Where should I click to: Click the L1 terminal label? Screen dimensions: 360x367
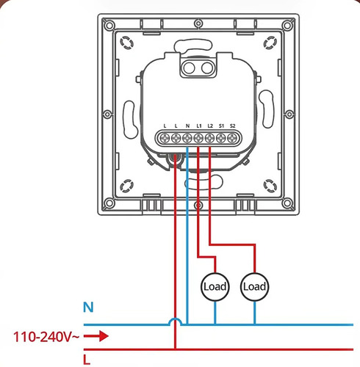[x=199, y=126]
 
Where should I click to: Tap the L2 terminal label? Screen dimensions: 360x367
[x=210, y=126]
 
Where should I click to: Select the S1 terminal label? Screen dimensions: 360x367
[x=221, y=126]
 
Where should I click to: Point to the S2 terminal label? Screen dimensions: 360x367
[x=233, y=126]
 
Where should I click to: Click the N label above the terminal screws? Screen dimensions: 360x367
[x=187, y=126]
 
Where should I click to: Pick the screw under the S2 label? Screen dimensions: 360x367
[x=232, y=138]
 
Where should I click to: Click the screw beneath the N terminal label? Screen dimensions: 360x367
[x=187, y=138]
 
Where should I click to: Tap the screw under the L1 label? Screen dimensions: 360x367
[x=198, y=138]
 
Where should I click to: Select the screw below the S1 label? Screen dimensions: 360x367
[x=221, y=138]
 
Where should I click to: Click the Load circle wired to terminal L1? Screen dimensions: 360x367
[x=215, y=287]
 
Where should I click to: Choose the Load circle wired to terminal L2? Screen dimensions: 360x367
[x=255, y=287]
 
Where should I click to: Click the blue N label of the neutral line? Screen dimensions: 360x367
[x=88, y=308]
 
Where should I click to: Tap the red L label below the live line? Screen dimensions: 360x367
[x=87, y=360]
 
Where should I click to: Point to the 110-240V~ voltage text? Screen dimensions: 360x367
[x=46, y=337]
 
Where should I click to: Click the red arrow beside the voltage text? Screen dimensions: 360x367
[x=96, y=336]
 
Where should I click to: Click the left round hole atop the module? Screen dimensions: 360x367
[x=190, y=68]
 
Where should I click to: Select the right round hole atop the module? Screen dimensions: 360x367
[x=207, y=68]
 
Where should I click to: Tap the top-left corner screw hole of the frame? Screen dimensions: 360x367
[x=109, y=25]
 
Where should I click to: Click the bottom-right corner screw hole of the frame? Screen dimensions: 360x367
[x=287, y=203]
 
